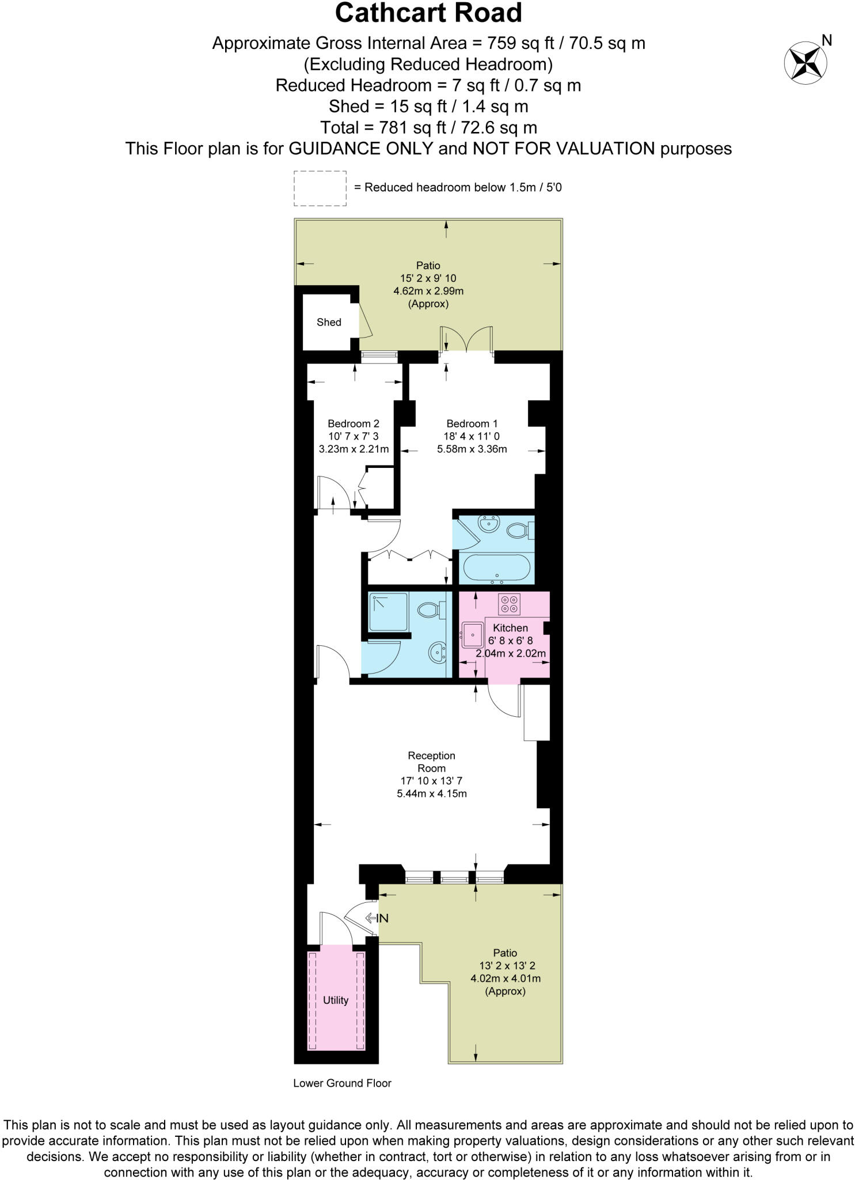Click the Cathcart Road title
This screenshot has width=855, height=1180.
[428, 13]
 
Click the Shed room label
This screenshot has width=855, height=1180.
[329, 322]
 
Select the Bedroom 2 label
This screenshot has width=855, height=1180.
[353, 423]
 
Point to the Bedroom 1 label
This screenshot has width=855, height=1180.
[472, 423]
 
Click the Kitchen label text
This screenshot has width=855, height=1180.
[510, 627]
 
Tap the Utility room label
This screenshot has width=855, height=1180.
[336, 1000]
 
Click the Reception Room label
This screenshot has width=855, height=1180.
[431, 762]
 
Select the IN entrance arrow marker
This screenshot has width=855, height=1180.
[378, 918]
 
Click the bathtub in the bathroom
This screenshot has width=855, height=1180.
[496, 567]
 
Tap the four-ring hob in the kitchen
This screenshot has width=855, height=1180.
[510, 604]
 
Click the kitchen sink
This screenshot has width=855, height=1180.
[472, 635]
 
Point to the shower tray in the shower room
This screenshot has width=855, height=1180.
[388, 612]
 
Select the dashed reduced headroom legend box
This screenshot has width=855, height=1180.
[320, 188]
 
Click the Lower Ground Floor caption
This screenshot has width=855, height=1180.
[342, 1083]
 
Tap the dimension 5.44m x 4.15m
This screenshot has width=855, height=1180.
[431, 793]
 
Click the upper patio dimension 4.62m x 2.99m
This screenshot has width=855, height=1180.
[428, 291]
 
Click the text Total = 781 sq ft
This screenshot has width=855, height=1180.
[428, 127]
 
